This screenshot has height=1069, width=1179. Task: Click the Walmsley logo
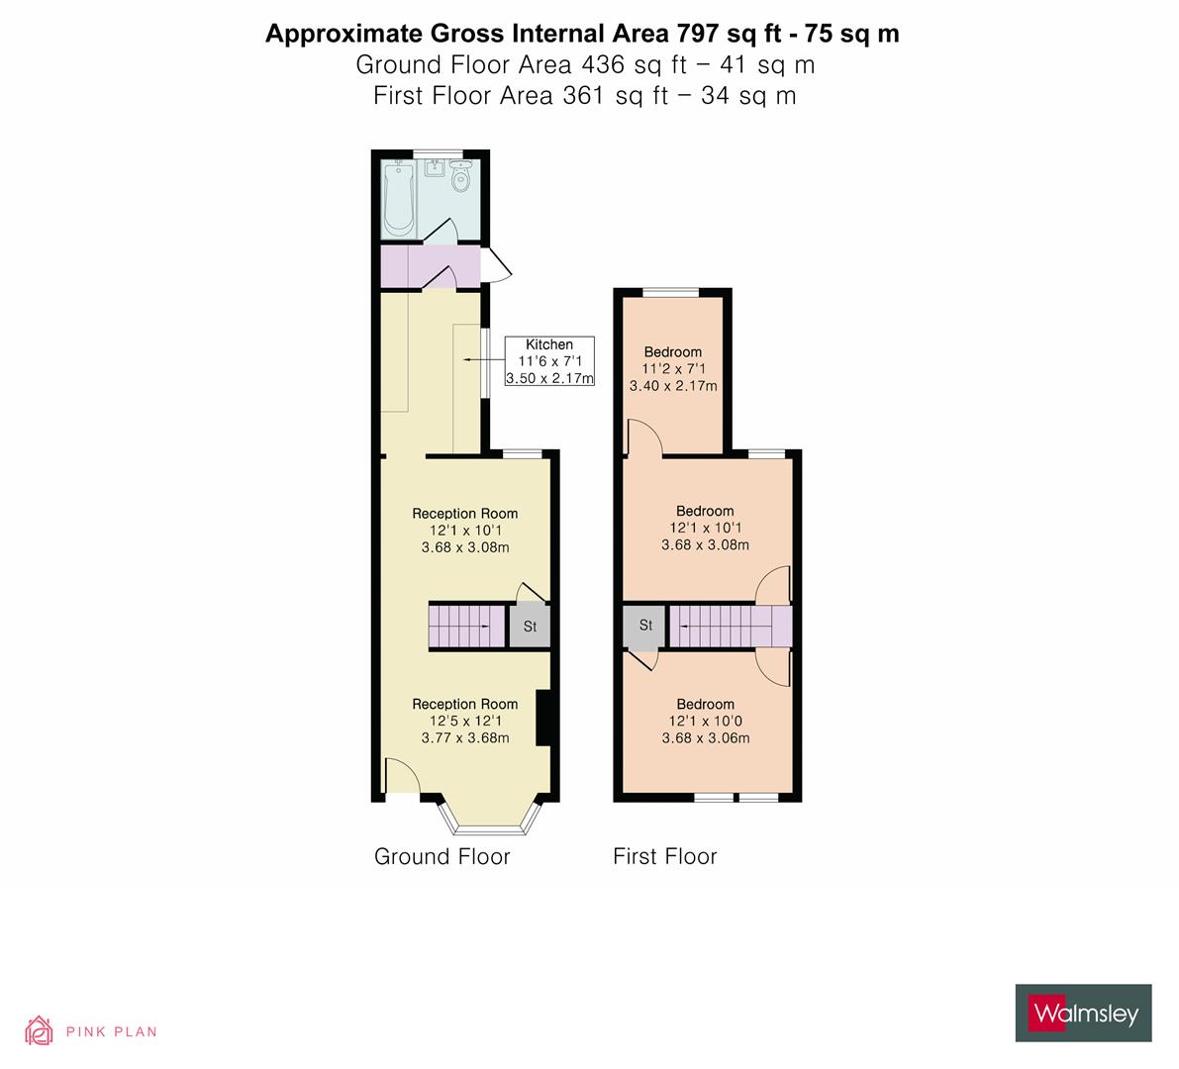(1083, 1013)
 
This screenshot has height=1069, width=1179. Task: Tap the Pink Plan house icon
(40, 1030)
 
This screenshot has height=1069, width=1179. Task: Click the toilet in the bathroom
(460, 178)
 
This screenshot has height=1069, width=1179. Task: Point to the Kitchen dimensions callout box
(548, 361)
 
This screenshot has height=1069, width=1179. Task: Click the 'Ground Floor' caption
(442, 856)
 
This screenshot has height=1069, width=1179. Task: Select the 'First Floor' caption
(664, 856)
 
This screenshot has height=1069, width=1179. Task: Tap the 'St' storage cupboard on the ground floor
(530, 626)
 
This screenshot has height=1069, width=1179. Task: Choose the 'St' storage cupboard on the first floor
(645, 626)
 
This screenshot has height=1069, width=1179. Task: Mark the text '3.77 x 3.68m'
(464, 737)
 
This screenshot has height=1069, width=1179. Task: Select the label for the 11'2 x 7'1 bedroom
(673, 351)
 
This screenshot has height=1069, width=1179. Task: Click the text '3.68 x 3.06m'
(705, 737)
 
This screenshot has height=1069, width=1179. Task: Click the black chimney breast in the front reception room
(542, 718)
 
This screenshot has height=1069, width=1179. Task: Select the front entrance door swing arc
(401, 775)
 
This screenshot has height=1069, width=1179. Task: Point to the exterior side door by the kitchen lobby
(496, 265)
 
